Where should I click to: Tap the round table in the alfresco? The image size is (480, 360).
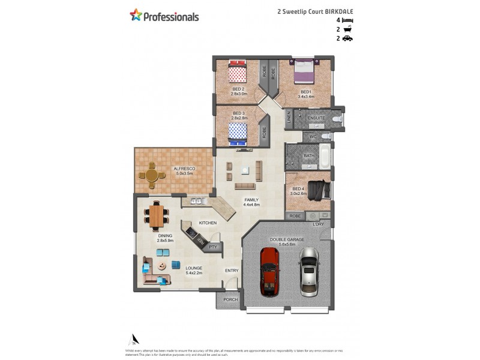click(x=152, y=175)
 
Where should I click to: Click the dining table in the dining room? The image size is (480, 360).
click(x=157, y=215)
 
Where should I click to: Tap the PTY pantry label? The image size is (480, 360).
click(x=212, y=247)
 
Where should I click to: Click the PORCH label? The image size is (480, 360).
click(x=230, y=299)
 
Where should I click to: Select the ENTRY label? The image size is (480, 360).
click(x=232, y=271)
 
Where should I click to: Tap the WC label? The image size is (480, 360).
click(x=313, y=137)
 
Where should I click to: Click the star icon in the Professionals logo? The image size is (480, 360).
click(x=136, y=15)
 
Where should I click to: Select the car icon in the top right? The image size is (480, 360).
click(x=347, y=38)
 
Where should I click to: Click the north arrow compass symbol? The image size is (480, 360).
click(x=136, y=339)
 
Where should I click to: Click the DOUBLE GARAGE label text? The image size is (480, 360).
click(x=287, y=239)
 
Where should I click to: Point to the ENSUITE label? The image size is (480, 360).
click(x=316, y=118)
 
